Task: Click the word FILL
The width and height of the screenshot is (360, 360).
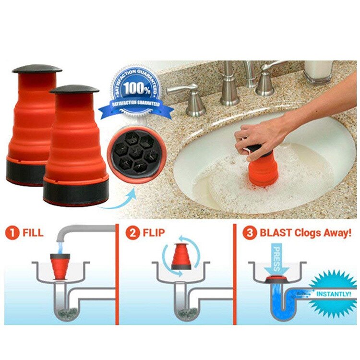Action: [x=32, y=234]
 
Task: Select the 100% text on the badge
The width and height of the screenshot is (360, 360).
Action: [x=136, y=89]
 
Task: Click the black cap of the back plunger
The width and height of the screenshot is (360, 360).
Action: [x=37, y=69]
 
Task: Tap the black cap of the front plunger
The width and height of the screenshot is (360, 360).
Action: [x=74, y=89]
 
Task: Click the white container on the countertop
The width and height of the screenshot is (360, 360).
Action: [x=317, y=71]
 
